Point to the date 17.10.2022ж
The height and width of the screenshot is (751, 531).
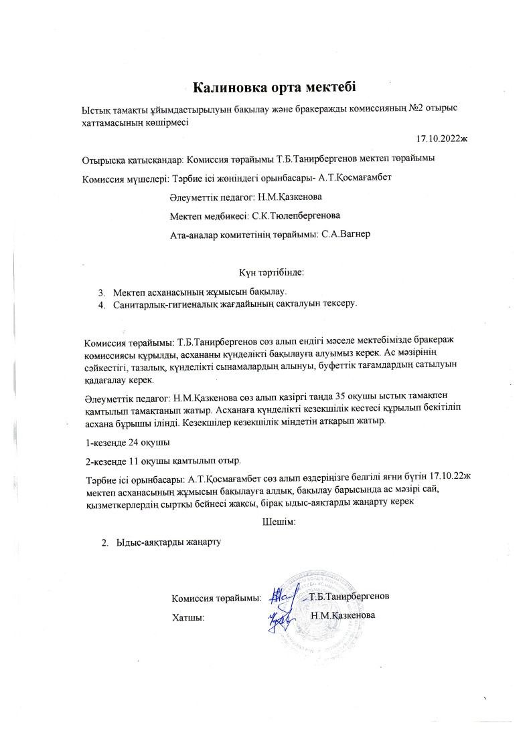[441, 139]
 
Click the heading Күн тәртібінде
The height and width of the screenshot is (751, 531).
[271, 272]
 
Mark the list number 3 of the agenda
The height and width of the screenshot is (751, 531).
[102, 292]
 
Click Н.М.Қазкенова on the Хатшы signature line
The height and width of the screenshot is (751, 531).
[344, 615]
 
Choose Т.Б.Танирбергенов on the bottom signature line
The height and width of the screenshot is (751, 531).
[350, 596]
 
